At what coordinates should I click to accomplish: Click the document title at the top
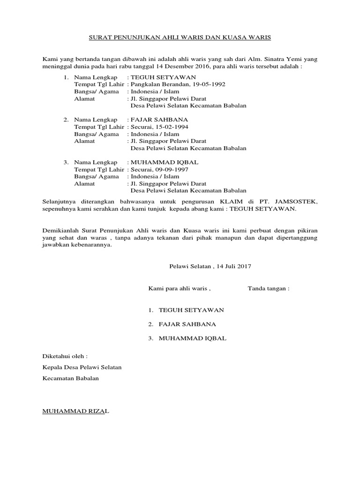pyautogui.click(x=180, y=36)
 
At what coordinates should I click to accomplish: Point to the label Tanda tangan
pyautogui.click(x=268, y=288)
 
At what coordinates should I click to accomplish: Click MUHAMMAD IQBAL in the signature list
pyautogui.click(x=193, y=338)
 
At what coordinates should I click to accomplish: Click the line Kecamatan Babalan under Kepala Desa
pyautogui.click(x=71, y=378)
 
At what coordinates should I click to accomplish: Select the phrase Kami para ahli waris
pyautogui.click(x=180, y=288)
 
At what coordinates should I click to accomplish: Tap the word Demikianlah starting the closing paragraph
pyautogui.click(x=60, y=232)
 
